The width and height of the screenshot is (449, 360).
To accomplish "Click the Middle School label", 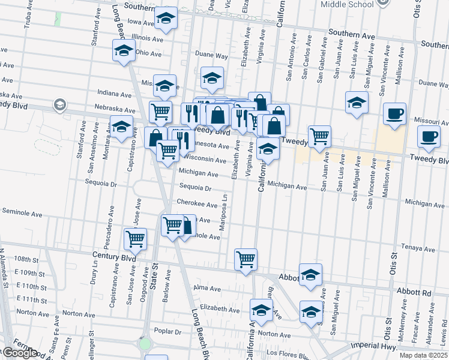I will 348,4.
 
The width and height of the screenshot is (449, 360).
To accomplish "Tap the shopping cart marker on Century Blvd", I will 135,239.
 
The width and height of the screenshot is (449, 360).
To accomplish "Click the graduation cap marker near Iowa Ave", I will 166,20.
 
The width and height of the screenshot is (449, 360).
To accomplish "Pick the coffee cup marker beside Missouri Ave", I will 394,114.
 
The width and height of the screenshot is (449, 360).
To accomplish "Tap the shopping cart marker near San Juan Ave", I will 319,136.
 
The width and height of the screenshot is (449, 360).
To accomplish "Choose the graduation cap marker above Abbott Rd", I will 310,275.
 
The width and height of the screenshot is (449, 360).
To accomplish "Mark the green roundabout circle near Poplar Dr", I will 145,344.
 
